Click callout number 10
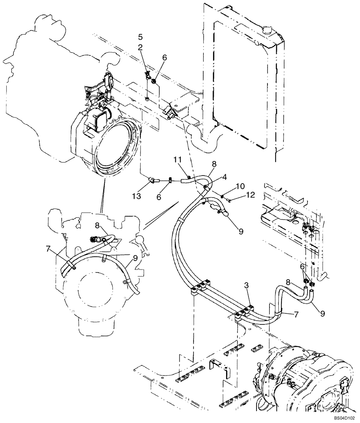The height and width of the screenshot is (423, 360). tap(240, 186)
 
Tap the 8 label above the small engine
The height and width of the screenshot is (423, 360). tap(97, 226)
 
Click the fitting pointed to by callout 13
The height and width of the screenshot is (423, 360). tap(151, 181)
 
